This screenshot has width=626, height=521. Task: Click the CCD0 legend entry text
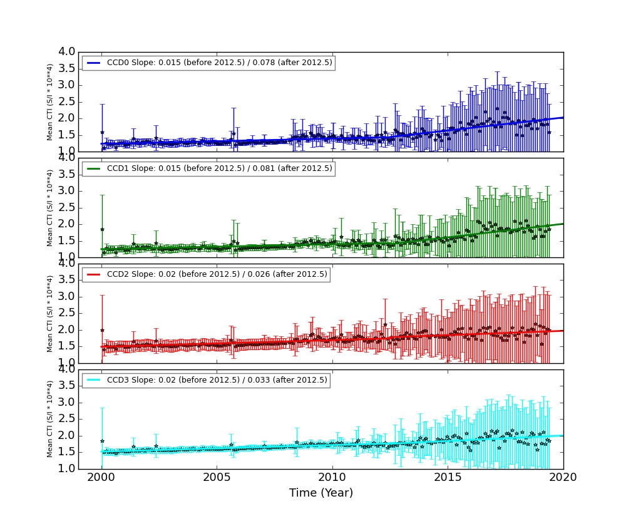pyautogui.click(x=220, y=63)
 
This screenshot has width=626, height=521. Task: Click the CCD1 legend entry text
pyautogui.click(x=220, y=168)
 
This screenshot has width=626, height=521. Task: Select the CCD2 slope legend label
pyautogui.click(x=217, y=274)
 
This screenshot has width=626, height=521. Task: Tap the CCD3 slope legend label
pyautogui.click(x=217, y=380)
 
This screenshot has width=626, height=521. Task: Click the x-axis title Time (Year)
pyautogui.click(x=321, y=493)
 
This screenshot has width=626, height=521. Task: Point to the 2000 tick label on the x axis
pyautogui.click(x=102, y=478)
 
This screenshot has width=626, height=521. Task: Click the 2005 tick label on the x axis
pyautogui.click(x=217, y=478)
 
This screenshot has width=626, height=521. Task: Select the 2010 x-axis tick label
pyautogui.click(x=332, y=478)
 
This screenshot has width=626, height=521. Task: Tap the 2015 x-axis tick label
pyautogui.click(x=448, y=478)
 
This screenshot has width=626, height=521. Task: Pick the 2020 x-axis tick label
pyautogui.click(x=563, y=478)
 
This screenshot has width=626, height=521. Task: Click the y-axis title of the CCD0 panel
pyautogui.click(x=50, y=101)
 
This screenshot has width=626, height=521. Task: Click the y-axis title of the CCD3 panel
pyautogui.click(x=50, y=419)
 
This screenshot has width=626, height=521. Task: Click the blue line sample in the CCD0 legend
pyautogui.click(x=93, y=63)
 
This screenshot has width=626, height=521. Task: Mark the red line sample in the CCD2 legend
pyautogui.click(x=93, y=274)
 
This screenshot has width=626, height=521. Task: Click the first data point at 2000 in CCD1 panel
pyautogui.click(x=102, y=229)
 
